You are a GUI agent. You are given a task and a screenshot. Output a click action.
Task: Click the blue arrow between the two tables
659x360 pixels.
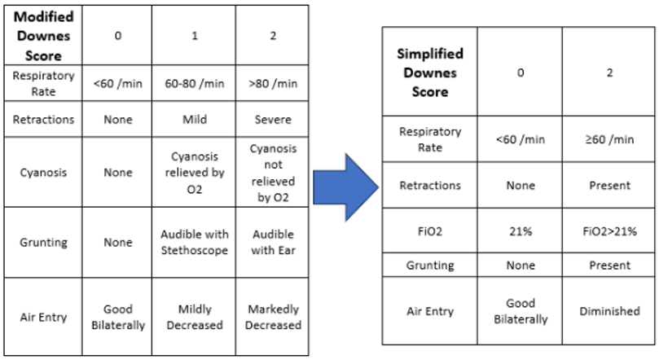[x=345, y=187]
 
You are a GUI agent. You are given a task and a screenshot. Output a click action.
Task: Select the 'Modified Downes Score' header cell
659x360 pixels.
[x=43, y=36]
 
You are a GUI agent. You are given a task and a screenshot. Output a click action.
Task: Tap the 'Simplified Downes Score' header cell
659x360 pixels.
[x=430, y=72]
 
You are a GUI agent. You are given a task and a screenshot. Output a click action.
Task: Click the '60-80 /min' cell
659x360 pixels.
[x=194, y=83]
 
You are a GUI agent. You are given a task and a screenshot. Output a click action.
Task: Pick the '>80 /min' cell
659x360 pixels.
[x=272, y=83]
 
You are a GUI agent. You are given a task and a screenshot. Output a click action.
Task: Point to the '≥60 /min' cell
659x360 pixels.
[x=609, y=139]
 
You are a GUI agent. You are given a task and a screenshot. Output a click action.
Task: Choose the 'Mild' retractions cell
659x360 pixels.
[x=194, y=119]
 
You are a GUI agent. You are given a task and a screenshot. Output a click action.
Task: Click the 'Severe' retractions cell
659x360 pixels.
[x=272, y=119]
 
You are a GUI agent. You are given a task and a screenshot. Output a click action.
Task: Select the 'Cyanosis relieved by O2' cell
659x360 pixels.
[x=194, y=172]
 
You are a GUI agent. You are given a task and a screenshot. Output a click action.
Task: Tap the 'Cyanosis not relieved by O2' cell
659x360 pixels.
[x=272, y=172]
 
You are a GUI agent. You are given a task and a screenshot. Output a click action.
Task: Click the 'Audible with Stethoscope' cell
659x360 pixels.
[x=194, y=242]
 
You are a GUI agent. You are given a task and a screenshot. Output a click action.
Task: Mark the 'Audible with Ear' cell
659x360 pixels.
[x=272, y=242]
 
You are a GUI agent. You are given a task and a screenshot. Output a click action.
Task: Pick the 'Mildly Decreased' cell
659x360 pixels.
[x=194, y=317]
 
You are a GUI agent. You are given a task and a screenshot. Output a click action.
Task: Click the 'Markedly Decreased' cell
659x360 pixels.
[x=272, y=317]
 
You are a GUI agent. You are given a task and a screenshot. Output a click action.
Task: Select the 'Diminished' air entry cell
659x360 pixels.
[x=609, y=311]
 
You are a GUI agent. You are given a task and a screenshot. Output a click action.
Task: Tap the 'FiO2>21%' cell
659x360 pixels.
[x=609, y=231]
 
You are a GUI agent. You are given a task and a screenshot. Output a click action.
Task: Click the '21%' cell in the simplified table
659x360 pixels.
[x=521, y=231]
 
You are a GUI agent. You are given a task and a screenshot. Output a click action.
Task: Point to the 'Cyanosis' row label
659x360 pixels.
[x=43, y=172]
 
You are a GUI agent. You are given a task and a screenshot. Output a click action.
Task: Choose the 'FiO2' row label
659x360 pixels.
[x=430, y=231]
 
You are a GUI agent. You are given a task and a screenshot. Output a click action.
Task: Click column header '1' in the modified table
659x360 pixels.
[x=194, y=36]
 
